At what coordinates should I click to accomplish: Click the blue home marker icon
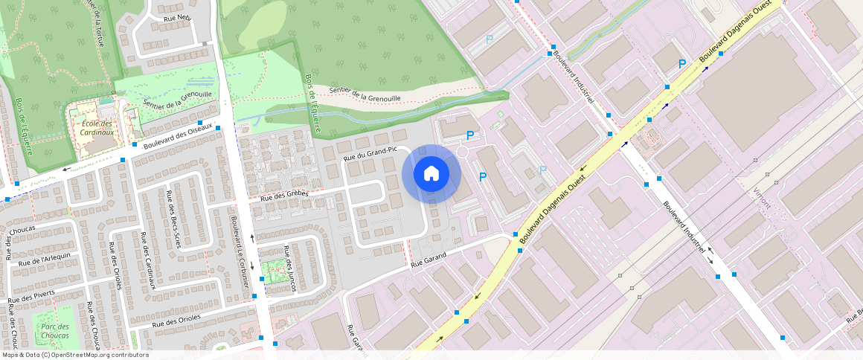pos(431,174)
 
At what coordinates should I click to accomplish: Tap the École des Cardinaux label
pos(97,128)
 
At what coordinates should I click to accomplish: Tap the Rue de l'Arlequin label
pos(45,259)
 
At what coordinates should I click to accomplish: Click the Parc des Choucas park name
pos(55,331)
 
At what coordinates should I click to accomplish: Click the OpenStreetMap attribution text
pos(75,355)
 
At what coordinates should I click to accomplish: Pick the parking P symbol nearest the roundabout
pos(469,135)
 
